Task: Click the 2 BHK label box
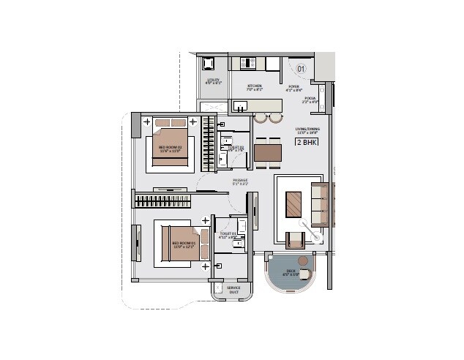306,143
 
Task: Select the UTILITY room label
214,81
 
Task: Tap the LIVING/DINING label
306,131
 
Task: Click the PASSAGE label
240,181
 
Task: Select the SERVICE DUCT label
233,290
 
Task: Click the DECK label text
291,273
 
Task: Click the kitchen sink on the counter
241,107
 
